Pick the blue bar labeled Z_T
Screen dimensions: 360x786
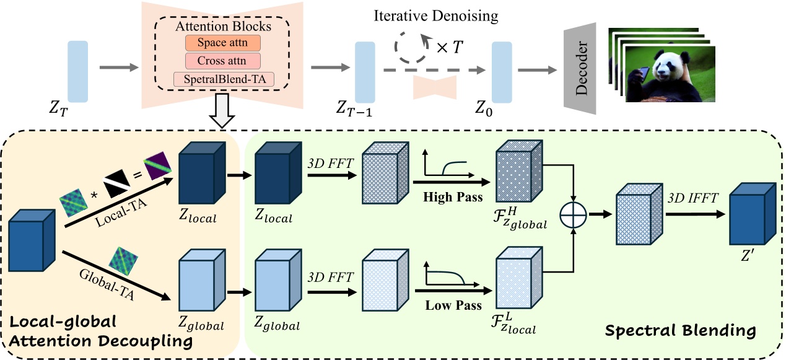pyautogui.click(x=79, y=71)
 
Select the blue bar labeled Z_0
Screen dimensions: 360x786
pyautogui.click(x=502, y=71)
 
